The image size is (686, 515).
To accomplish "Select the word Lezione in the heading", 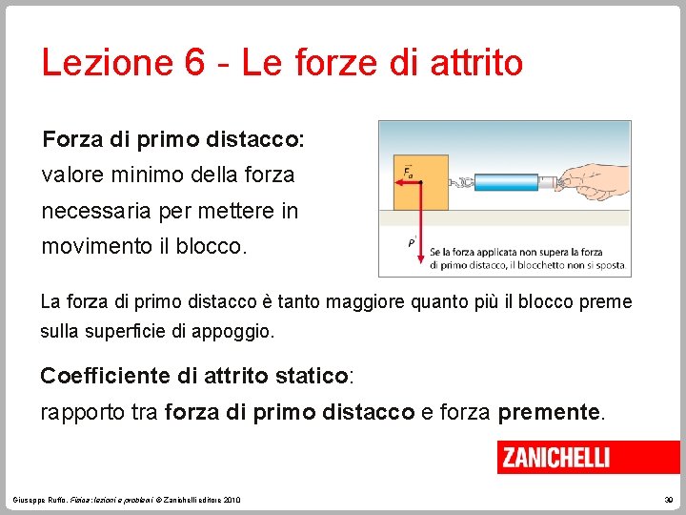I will click(104, 63).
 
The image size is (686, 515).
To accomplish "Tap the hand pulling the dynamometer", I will click(591, 176).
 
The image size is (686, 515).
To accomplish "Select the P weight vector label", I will click(412, 242).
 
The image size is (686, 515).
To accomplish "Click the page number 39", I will click(669, 500).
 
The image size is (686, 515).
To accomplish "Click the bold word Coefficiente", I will click(105, 376).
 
